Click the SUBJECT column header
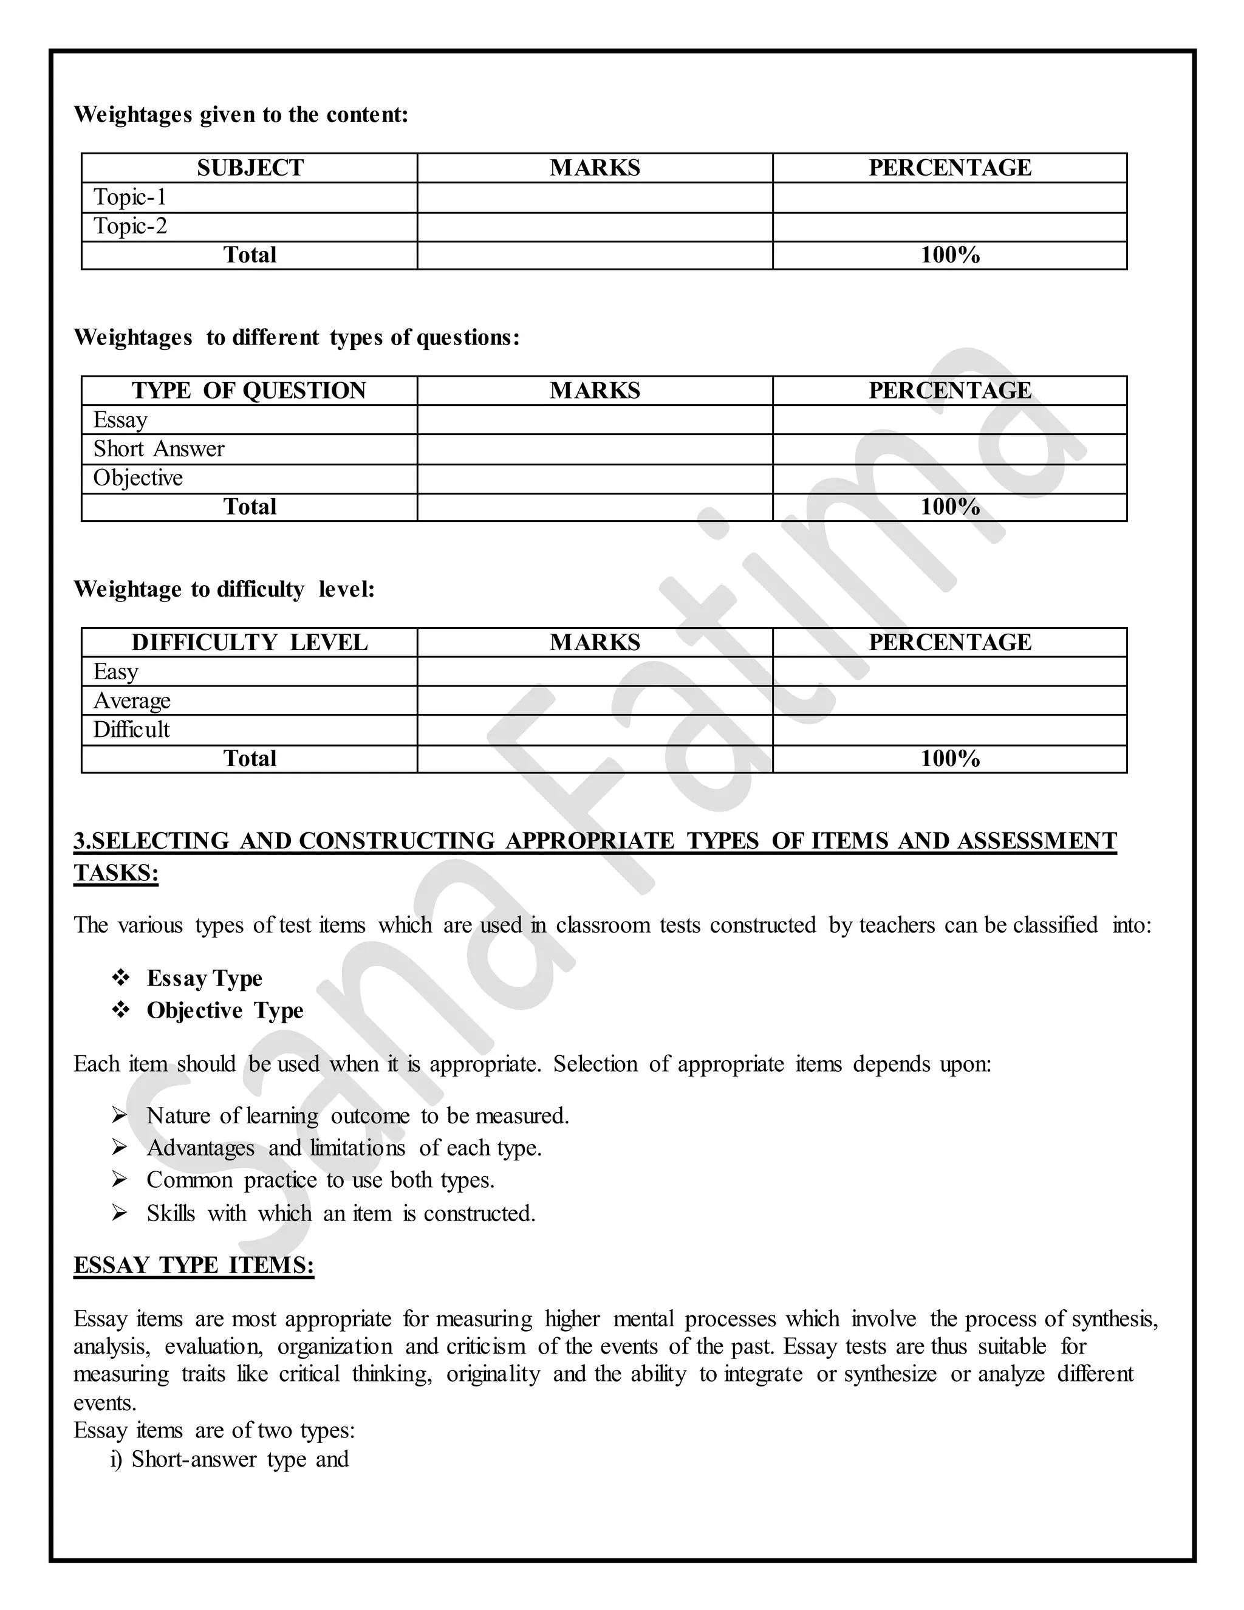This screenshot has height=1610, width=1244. [x=250, y=168]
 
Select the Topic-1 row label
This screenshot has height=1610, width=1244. [x=130, y=197]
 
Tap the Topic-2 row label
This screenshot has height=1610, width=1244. [x=130, y=227]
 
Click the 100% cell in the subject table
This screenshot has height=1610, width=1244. [x=949, y=255]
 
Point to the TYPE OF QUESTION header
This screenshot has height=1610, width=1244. [x=249, y=391]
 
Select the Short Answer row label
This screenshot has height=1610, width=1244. [x=159, y=449]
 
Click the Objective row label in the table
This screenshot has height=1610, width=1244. [x=138, y=478]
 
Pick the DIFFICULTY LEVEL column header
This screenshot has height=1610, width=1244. [x=249, y=642]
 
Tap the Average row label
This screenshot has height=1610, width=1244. [x=132, y=701]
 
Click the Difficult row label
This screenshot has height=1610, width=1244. [x=131, y=730]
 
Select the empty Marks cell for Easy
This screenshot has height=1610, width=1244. [x=594, y=671]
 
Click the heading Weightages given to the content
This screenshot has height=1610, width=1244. [x=241, y=115]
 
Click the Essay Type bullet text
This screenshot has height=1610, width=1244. [x=204, y=978]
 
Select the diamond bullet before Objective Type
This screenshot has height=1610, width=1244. [x=121, y=1010]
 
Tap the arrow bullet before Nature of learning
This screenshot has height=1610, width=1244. [x=120, y=1116]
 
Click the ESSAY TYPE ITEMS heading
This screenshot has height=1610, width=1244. [x=194, y=1265]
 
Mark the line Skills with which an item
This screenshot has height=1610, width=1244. [x=341, y=1213]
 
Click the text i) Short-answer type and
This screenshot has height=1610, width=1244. [x=230, y=1459]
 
